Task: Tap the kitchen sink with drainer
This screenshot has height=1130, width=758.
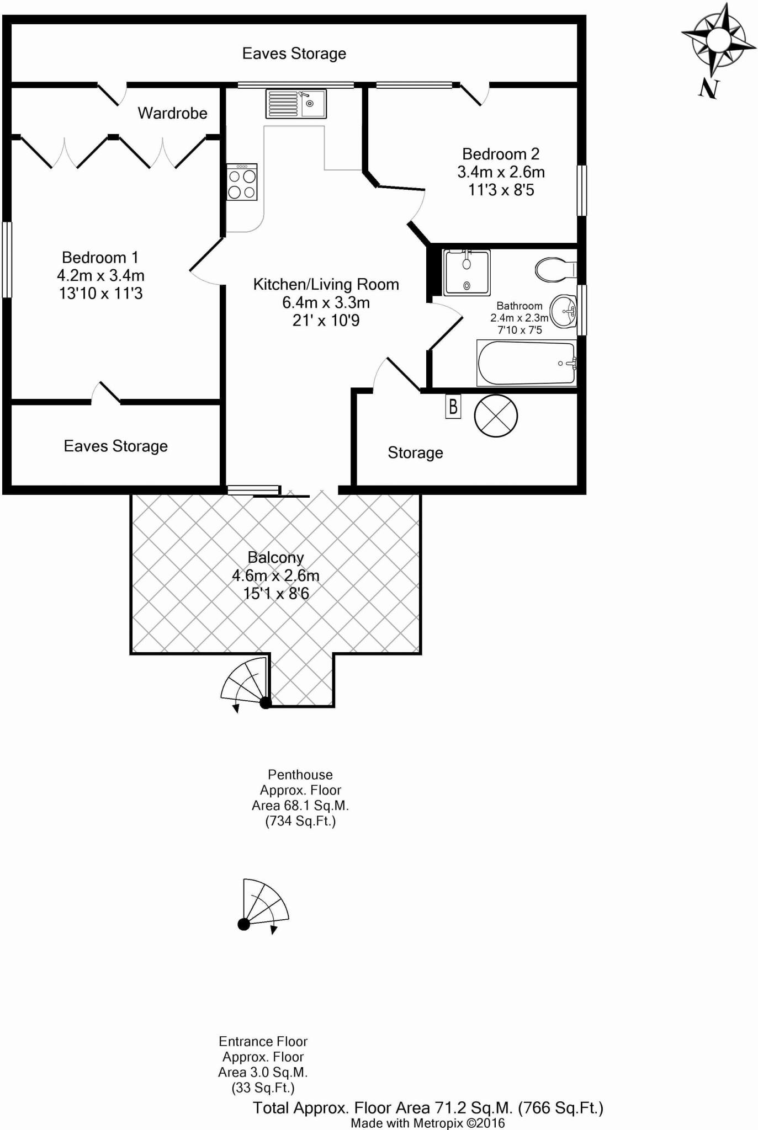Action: click(296, 103)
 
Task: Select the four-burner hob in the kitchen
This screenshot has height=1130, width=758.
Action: click(242, 182)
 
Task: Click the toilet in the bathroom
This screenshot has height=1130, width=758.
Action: click(555, 269)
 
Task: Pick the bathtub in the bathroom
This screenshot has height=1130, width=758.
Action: click(526, 363)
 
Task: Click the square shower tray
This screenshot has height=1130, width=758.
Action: click(467, 273)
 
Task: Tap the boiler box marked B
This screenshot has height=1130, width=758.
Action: click(453, 407)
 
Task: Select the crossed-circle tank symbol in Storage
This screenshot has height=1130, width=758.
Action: click(496, 416)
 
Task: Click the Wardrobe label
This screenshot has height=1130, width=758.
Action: click(172, 113)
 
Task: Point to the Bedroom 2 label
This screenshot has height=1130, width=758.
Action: click(501, 154)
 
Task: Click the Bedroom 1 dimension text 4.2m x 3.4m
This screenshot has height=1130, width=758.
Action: click(100, 275)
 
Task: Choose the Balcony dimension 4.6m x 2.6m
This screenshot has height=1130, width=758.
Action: click(275, 575)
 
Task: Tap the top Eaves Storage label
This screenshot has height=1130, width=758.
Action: click(294, 54)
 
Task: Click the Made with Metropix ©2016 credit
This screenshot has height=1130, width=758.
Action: click(427, 1123)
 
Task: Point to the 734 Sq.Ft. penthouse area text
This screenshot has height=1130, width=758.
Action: click(300, 821)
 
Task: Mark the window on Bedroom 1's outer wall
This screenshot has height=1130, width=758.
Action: click(7, 259)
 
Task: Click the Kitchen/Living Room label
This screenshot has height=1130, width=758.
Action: click(326, 285)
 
